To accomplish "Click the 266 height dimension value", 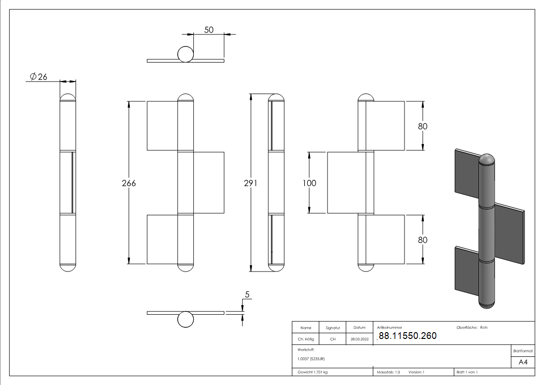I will click(x=129, y=183).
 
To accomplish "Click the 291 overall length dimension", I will click(x=250, y=183).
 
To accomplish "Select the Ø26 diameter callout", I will click(x=38, y=77).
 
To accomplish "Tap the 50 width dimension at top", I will click(x=209, y=30).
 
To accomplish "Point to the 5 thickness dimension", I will click(x=248, y=294).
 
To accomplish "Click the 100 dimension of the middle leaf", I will click(x=309, y=183).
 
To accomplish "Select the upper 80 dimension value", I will click(x=422, y=126).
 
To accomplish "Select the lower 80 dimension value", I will click(x=422, y=240).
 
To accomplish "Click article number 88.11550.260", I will click(x=407, y=336).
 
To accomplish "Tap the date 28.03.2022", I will click(x=359, y=339).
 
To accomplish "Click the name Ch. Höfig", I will click(x=306, y=339).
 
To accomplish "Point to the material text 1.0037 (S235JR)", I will click(x=311, y=358).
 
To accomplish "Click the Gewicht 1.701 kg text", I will click(x=313, y=372).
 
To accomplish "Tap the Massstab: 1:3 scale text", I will click(x=388, y=372).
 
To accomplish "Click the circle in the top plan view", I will click(x=185, y=55).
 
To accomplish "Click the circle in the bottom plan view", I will click(x=185, y=320).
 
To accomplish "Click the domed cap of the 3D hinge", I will click(x=487, y=160).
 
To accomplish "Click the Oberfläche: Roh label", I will click(x=472, y=327).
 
